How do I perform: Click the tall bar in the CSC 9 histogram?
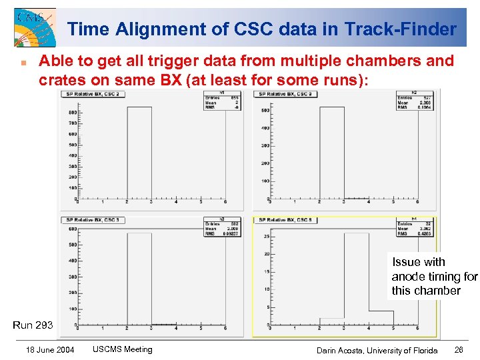(x=331, y=153)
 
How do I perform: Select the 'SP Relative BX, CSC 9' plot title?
(x=286, y=93)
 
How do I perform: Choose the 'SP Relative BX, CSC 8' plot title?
(x=286, y=220)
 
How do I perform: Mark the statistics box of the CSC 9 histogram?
(x=414, y=99)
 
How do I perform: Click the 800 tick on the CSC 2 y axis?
(x=71, y=113)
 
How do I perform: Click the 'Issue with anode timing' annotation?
(x=434, y=276)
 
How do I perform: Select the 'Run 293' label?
(x=33, y=325)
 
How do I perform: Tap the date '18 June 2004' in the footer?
(x=50, y=350)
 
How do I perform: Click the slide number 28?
(x=459, y=350)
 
